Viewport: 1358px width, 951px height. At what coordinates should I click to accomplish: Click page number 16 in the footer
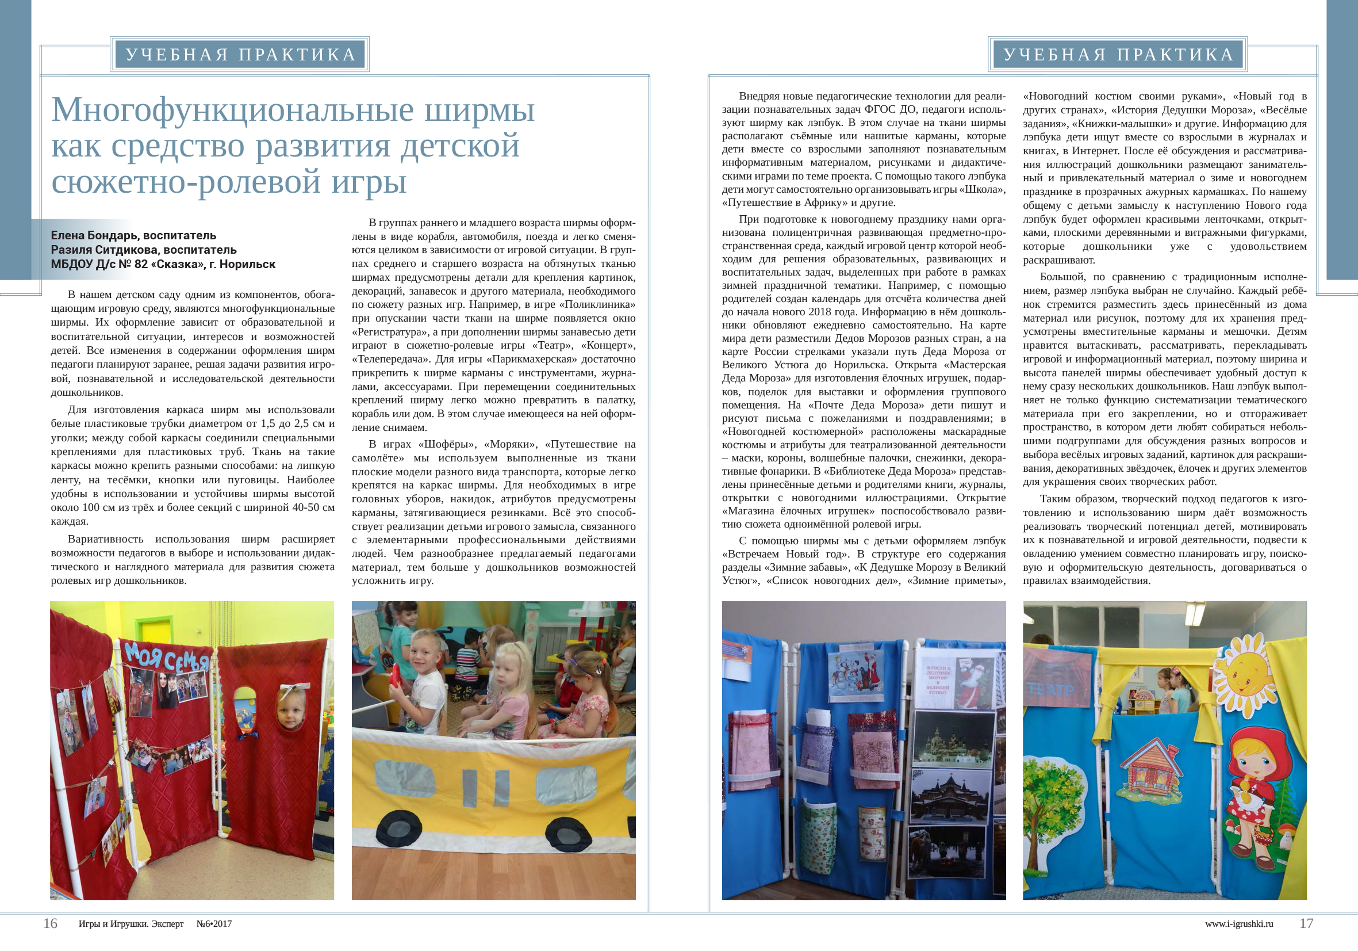(50, 923)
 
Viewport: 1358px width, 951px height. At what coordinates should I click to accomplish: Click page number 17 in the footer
(1306, 923)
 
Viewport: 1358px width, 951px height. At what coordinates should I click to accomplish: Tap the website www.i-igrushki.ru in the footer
(1238, 924)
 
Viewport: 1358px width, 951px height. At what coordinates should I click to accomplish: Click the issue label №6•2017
(214, 924)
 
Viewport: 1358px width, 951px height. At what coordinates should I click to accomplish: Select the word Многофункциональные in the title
(228, 110)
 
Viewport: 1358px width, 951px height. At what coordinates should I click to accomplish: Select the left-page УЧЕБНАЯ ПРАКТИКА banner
(240, 55)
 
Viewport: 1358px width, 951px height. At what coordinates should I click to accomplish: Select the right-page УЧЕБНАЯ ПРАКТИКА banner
(1118, 55)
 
